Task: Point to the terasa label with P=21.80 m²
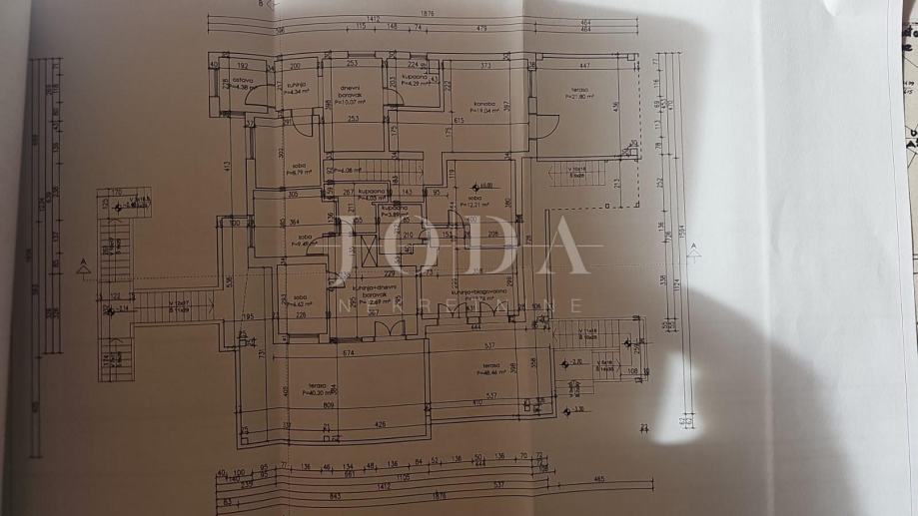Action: tap(579, 92)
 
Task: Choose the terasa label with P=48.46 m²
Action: tap(489, 369)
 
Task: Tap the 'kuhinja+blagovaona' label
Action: tap(475, 291)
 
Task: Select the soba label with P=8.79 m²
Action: tap(297, 170)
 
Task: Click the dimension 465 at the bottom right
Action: tap(597, 479)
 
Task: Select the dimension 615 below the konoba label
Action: tap(459, 121)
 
